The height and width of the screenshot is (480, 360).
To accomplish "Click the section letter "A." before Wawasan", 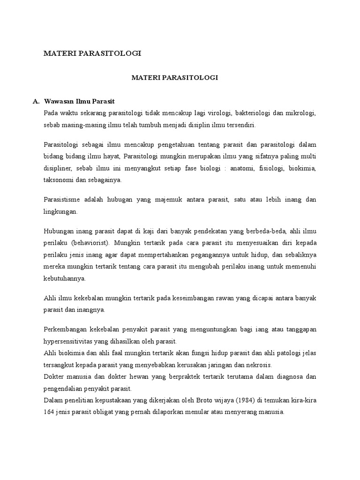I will pyautogui.click(x=36, y=101).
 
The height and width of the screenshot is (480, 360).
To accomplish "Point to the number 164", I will pyautogui.click(x=49, y=412).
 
